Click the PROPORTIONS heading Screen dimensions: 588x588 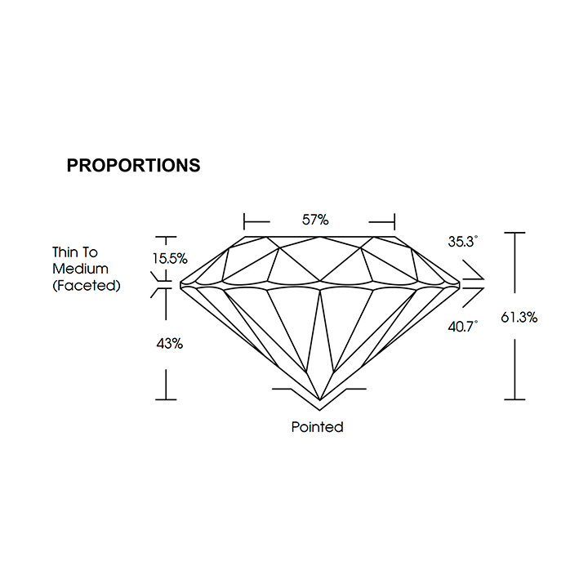(133, 165)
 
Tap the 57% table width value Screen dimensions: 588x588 (315, 220)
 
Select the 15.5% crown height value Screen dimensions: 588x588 (170, 258)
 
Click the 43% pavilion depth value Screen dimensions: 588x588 (170, 344)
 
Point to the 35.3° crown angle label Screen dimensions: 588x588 (463, 242)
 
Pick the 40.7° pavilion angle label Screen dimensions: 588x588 (463, 326)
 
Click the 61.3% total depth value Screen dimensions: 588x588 (519, 318)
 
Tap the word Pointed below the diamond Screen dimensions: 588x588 (317, 427)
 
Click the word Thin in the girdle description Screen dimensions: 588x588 (65, 252)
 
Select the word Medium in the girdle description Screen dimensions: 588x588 (80, 269)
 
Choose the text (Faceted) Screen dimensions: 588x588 (87, 286)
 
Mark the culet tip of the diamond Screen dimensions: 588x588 (320, 399)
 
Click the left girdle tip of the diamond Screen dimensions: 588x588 (180, 285)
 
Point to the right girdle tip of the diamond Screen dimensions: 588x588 (460, 285)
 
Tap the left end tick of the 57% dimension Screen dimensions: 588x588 (244, 221)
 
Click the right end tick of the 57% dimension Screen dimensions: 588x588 (394, 221)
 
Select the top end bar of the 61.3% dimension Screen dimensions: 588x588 (514, 233)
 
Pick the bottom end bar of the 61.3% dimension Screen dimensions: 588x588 (514, 399)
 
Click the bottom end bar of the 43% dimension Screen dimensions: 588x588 (166, 399)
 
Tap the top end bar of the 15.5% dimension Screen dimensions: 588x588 (166, 237)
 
